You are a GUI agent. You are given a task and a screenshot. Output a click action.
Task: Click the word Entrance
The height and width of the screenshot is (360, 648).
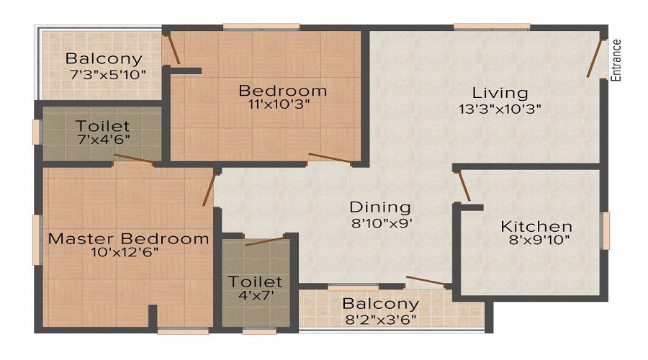point(616,60)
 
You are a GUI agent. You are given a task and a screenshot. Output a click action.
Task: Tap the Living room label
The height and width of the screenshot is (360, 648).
point(500,93)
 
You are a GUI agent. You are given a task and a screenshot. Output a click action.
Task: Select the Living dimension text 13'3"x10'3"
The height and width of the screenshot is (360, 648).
point(500,109)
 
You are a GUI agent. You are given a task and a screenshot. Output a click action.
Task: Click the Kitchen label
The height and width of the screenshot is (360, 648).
point(536,226)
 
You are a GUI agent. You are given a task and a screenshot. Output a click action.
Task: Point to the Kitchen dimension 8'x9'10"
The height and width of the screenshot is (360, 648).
point(536,240)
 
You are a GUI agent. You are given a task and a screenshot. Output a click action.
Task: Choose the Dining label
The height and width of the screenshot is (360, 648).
point(380,207)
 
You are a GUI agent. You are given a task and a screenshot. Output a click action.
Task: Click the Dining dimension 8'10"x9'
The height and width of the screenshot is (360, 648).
point(380,222)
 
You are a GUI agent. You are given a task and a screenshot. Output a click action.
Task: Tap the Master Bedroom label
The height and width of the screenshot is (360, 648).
point(129,238)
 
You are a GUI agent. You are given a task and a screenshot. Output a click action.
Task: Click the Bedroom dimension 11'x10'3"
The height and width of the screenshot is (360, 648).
point(282,104)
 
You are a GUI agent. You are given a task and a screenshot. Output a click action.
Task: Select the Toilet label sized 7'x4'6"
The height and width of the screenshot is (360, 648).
point(103,126)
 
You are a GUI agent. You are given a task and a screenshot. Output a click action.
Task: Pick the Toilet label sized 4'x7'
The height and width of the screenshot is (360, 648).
point(256,282)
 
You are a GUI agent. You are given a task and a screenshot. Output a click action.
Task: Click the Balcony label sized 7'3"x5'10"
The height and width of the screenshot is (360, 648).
point(104,58)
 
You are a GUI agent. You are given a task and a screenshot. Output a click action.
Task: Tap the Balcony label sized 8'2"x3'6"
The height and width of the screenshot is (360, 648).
point(380,304)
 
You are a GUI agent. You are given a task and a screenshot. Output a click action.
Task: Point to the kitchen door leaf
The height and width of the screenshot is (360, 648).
point(464,186)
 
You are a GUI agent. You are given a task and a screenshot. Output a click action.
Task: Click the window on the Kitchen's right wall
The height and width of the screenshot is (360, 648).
point(606,230)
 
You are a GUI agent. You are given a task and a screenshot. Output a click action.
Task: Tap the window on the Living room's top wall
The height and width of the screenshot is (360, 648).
point(482,27)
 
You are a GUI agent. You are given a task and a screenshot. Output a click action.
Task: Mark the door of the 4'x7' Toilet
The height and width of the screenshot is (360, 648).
point(264,240)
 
